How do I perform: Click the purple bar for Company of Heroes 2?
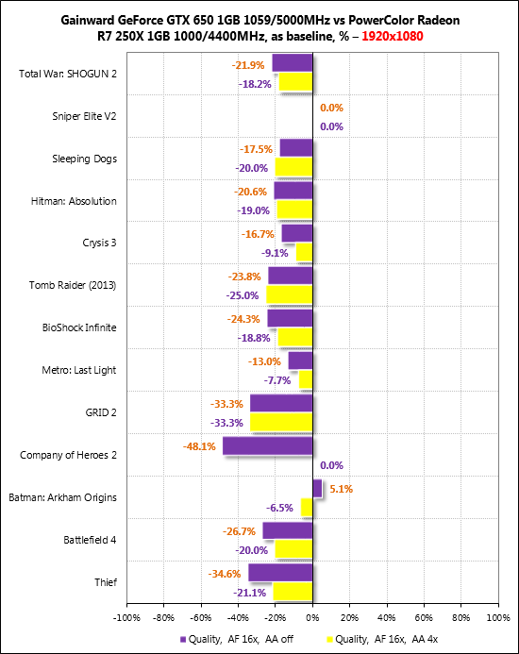(267, 445)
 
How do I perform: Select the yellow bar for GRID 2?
(281, 422)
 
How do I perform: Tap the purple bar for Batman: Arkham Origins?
(317, 489)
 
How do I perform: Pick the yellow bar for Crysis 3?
(304, 252)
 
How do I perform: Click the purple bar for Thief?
(280, 573)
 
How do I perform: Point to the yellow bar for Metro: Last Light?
(306, 379)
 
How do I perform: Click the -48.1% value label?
(199, 446)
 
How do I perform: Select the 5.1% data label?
(342, 489)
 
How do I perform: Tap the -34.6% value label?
(225, 574)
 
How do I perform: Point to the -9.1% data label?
(275, 253)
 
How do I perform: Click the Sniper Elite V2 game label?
(84, 116)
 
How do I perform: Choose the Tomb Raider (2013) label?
(73, 285)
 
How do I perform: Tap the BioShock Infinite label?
(79, 327)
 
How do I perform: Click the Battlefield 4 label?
(90, 540)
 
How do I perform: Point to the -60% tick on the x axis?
(201, 617)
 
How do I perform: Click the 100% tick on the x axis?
(498, 617)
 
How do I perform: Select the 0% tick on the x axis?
(312, 617)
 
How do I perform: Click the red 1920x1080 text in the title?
(393, 36)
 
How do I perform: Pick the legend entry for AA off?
(237, 639)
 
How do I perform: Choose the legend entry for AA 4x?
(382, 639)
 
